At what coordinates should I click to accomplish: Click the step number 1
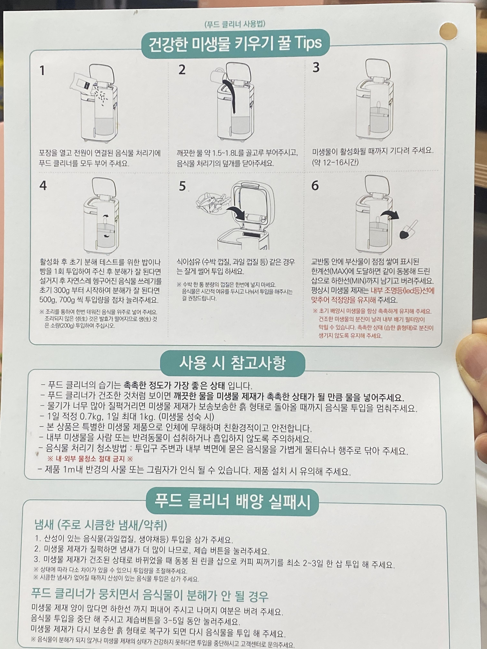[x=42, y=71]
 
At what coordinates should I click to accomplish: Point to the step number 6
[x=315, y=185]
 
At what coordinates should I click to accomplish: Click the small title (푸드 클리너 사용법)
[x=235, y=24]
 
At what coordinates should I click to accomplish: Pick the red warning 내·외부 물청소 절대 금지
[x=90, y=459]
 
